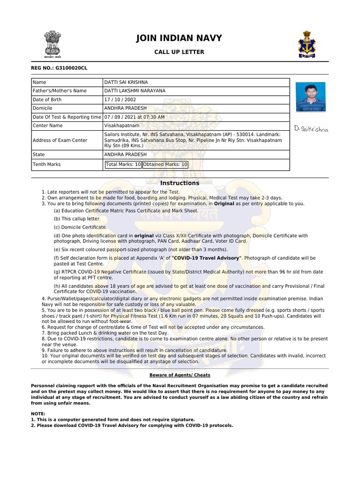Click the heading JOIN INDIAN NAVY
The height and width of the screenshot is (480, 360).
pos(179,38)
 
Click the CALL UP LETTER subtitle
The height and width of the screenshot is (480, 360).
pos(179,52)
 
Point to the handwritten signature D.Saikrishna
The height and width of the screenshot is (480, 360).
pos(311,128)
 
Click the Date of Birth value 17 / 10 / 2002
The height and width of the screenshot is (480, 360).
pos(122,100)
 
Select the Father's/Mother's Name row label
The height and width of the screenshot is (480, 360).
pos(60,91)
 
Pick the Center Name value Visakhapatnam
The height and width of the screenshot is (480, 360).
pos(121,126)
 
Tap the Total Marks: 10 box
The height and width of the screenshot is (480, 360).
pos(123,165)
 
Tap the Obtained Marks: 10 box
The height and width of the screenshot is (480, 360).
pos(165,165)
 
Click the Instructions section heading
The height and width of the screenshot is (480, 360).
pos(180,183)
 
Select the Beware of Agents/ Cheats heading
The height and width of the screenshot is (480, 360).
pos(180,375)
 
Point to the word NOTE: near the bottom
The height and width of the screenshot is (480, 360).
pos(38,414)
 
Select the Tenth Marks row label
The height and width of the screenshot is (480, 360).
pos(46,165)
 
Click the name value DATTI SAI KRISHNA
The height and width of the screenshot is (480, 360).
pos(126,82)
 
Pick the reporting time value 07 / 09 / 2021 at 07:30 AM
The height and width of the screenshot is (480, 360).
pos(135,117)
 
